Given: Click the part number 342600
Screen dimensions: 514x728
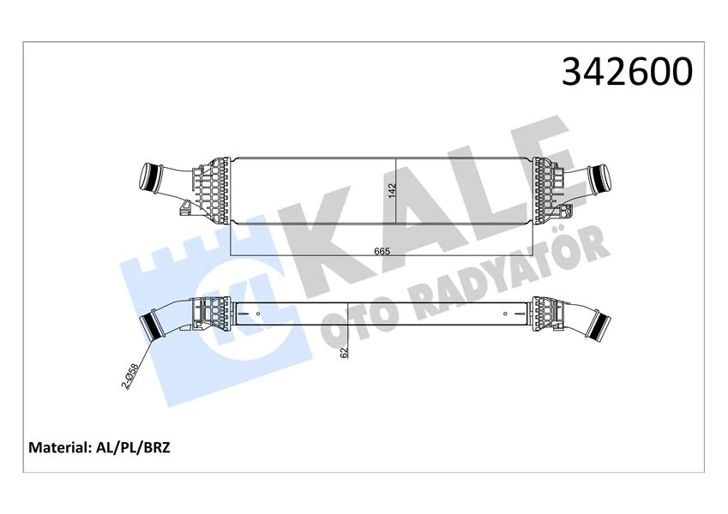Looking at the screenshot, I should pos(626,72).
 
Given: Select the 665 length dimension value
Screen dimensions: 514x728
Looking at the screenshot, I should pos(382,250).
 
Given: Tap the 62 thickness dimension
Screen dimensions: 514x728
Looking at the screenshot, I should pos(344,351).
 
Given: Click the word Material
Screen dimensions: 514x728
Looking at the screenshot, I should pos(60,447).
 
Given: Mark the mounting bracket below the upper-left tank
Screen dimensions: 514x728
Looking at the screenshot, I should pos(185,208).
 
